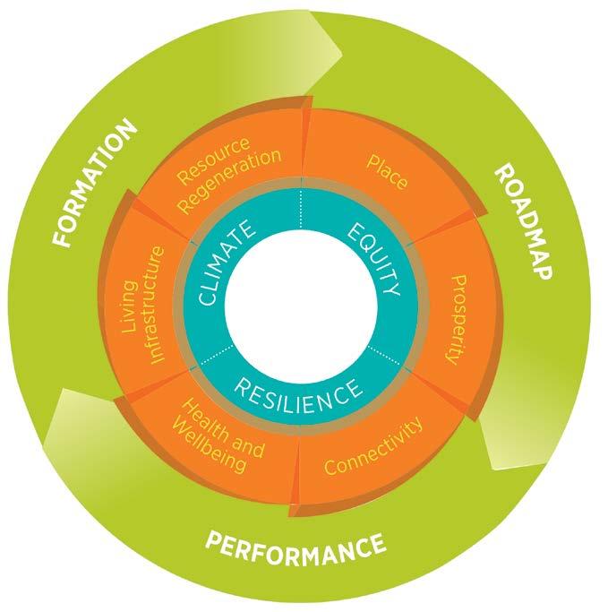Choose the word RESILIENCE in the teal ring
pyautogui.click(x=299, y=391)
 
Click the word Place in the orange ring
pyautogui.click(x=388, y=173)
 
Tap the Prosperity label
pyautogui.click(x=456, y=319)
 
